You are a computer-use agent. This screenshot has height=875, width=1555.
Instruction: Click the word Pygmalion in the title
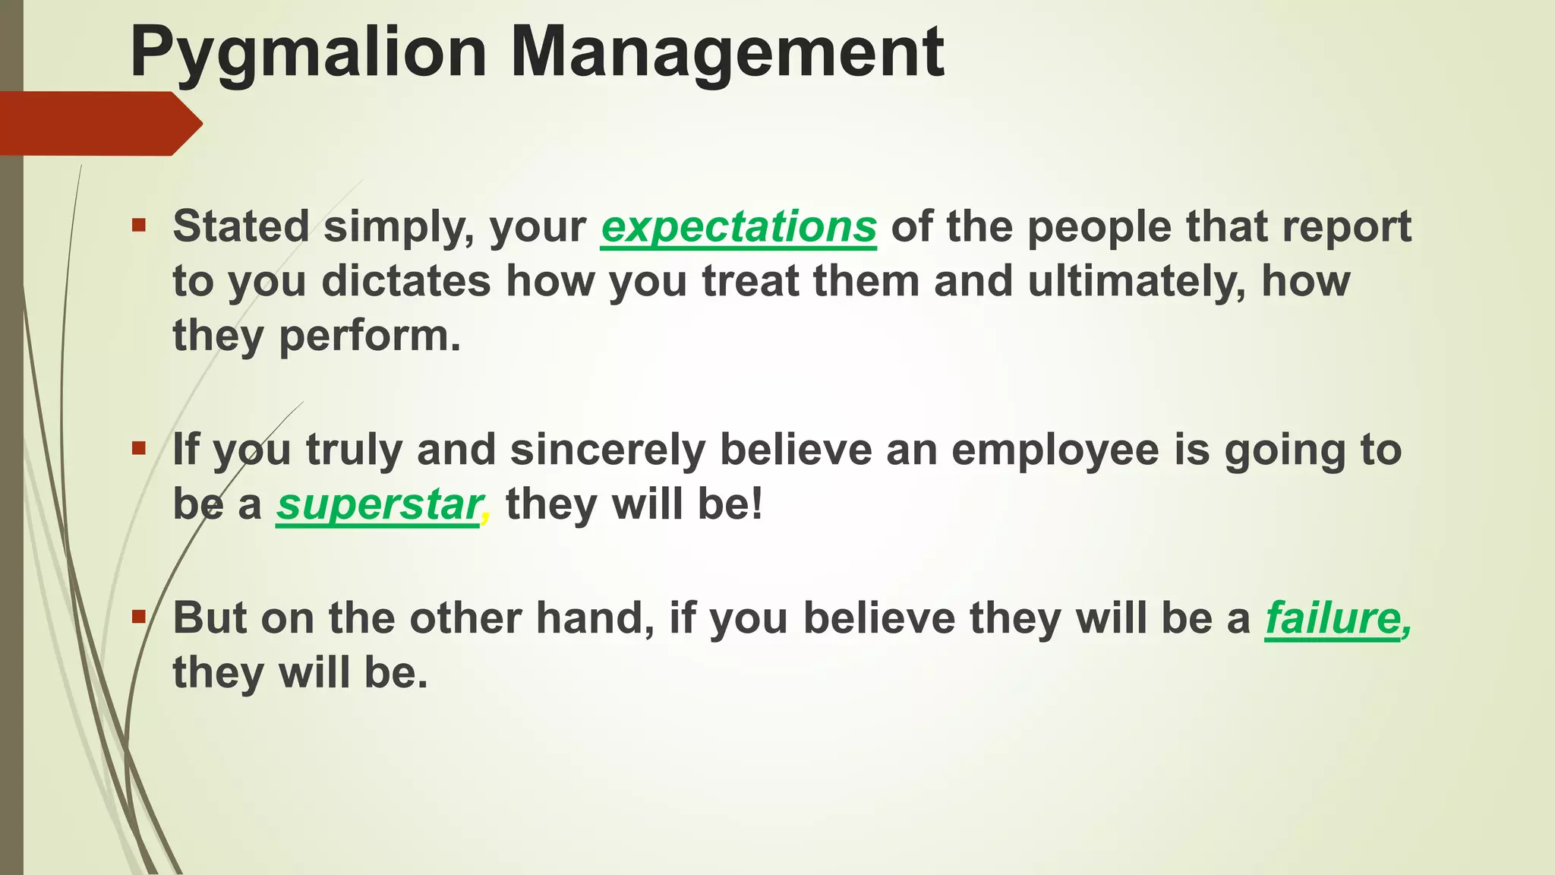pos(308,53)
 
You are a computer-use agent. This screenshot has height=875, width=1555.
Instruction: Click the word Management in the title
pos(727,53)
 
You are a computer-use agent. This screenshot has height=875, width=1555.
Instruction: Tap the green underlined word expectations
pos(739,226)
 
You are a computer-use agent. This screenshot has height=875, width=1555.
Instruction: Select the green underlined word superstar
pos(378,504)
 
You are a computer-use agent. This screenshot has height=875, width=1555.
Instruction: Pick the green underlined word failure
pos(1333,618)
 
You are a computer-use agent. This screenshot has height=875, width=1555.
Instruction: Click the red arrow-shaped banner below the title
pos(99,123)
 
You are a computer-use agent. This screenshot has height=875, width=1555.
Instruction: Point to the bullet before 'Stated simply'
pos(138,225)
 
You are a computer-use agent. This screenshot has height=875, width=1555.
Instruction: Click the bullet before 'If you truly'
pos(138,448)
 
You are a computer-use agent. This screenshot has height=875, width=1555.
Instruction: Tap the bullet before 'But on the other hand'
pos(138,616)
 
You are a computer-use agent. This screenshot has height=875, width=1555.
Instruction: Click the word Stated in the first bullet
pos(241,226)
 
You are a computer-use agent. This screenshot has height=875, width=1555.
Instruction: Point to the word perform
pos(369,336)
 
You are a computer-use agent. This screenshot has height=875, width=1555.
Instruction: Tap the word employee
pos(1055,449)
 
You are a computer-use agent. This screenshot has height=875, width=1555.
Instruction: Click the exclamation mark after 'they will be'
pos(755,504)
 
